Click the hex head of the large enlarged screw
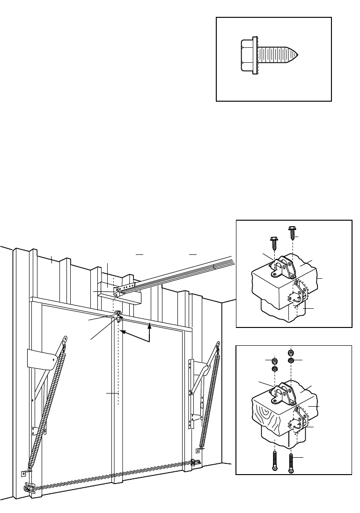coord(246,56)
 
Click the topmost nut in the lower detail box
coord(291,352)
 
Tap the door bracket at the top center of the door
coord(118,317)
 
